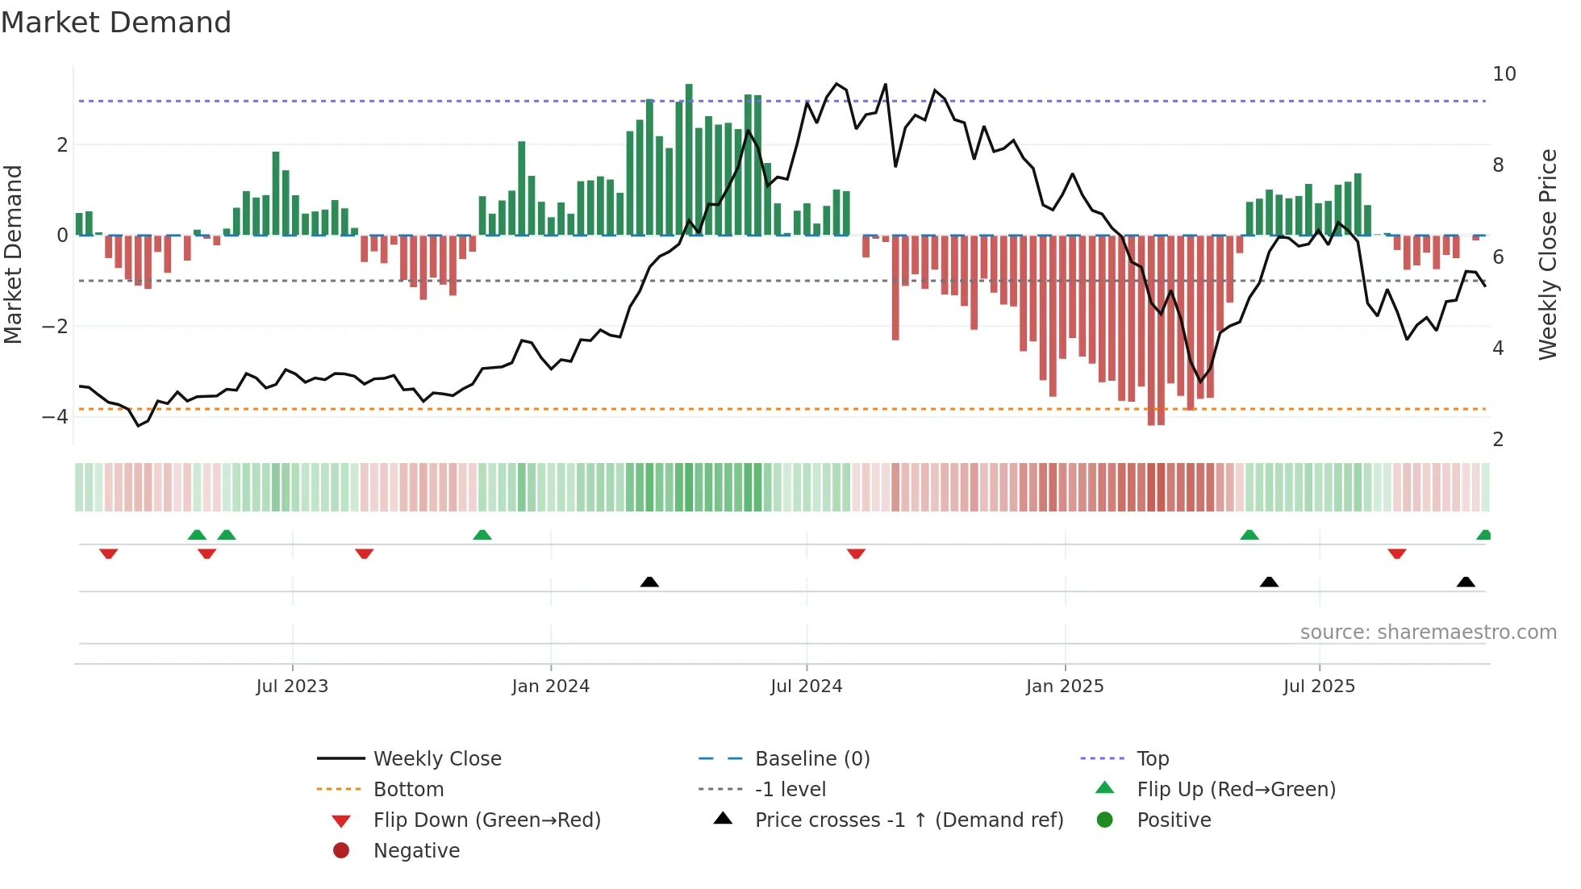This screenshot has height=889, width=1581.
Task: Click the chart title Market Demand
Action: tap(116, 23)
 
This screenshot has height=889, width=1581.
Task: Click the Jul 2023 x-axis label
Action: tap(292, 687)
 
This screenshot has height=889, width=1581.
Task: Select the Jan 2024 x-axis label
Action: tap(550, 687)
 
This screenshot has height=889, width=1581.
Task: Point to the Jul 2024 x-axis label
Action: tap(806, 687)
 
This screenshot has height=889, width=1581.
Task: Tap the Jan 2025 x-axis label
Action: tap(1065, 687)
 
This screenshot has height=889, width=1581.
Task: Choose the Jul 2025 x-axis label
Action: tap(1319, 687)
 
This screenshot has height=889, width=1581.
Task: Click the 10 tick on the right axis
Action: tap(1504, 74)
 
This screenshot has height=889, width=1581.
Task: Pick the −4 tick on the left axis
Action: tap(55, 417)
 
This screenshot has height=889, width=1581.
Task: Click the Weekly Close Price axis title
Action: tap(1547, 254)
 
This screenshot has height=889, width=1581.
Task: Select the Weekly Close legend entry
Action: tap(436, 759)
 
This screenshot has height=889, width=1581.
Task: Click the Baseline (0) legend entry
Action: tap(811, 759)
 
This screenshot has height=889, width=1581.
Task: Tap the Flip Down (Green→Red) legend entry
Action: tap(486, 820)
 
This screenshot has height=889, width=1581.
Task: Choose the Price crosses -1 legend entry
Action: tap(908, 820)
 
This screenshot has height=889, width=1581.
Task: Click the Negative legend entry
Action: tap(416, 851)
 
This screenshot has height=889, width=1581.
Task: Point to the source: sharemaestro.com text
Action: tap(1428, 632)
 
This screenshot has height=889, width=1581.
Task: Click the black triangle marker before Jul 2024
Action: tap(649, 582)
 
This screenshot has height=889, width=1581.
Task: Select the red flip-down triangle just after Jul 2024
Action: tap(856, 553)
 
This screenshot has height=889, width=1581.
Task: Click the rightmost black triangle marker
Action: tap(1466, 582)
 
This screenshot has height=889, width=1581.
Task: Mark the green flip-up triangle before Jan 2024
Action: tap(482, 535)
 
